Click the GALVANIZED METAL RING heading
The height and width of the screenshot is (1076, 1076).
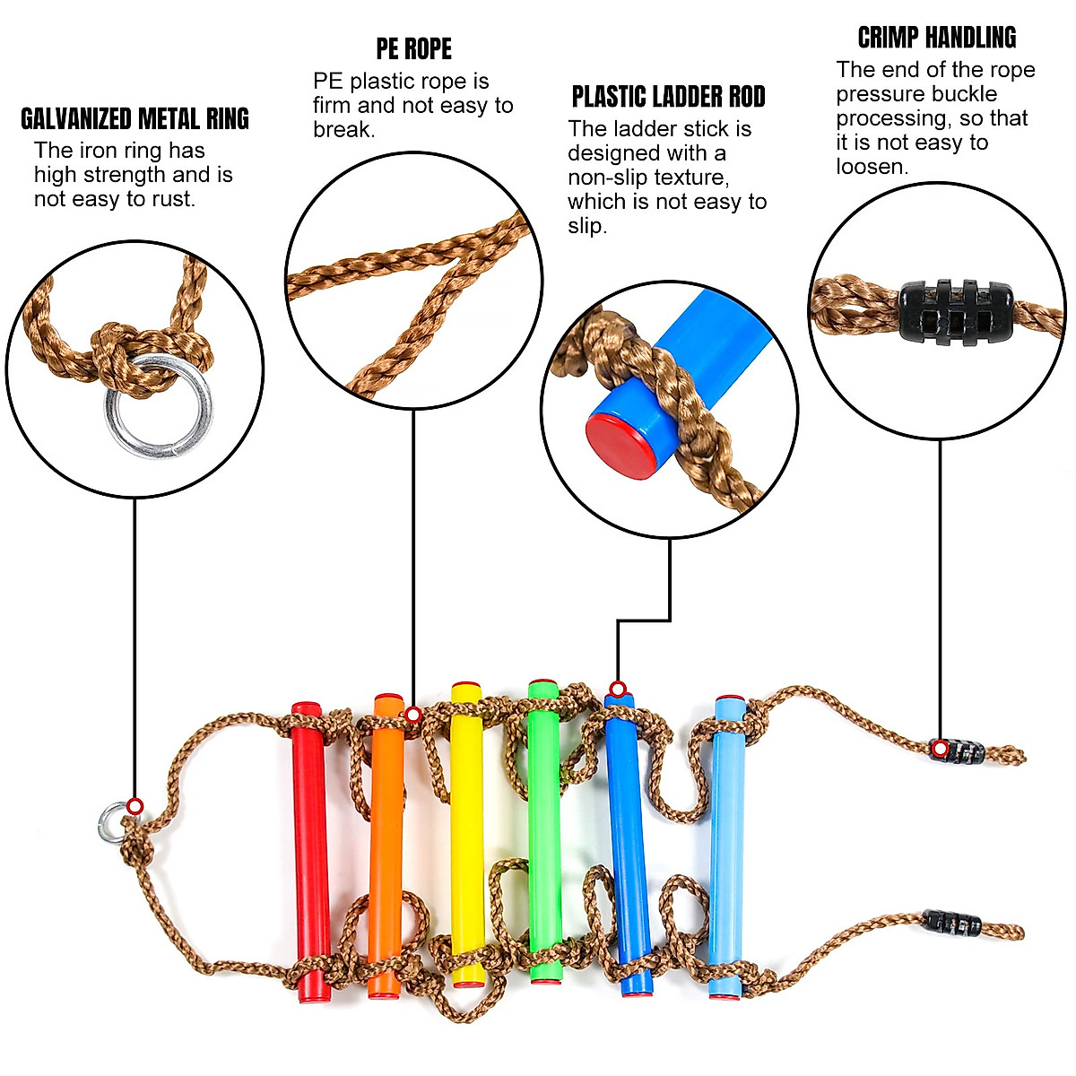pyautogui.click(x=134, y=119)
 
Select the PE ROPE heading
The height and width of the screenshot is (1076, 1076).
pyautogui.click(x=413, y=49)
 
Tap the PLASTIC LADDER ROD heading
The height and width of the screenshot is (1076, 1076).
pyautogui.click(x=668, y=97)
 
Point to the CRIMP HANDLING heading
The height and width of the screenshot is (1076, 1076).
pyautogui.click(x=937, y=38)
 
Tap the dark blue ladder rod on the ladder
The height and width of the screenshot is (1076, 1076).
pyautogui.click(x=628, y=843)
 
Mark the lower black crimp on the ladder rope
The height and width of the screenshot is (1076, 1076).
pyautogui.click(x=951, y=922)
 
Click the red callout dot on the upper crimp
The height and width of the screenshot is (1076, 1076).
pyautogui.click(x=939, y=749)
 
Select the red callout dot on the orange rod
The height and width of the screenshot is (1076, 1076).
pyautogui.click(x=412, y=715)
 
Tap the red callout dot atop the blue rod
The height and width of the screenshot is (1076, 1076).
pyautogui.click(x=617, y=690)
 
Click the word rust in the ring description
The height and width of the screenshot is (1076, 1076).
pyautogui.click(x=170, y=199)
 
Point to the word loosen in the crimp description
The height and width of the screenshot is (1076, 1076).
pyautogui.click(x=872, y=167)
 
